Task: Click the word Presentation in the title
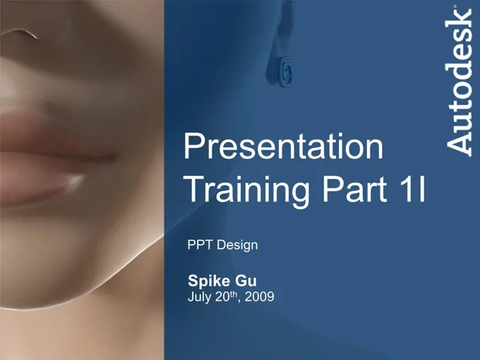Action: (x=283, y=146)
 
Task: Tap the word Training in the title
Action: (x=247, y=190)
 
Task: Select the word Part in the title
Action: (x=354, y=189)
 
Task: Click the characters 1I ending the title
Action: (x=412, y=189)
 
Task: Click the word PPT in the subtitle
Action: (x=200, y=245)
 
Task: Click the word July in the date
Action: (x=200, y=297)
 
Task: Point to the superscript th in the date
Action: (x=234, y=294)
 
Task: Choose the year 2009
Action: (x=260, y=296)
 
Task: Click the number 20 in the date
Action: (x=222, y=296)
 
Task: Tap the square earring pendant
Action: (x=284, y=71)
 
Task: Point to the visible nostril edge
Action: (x=19, y=33)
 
